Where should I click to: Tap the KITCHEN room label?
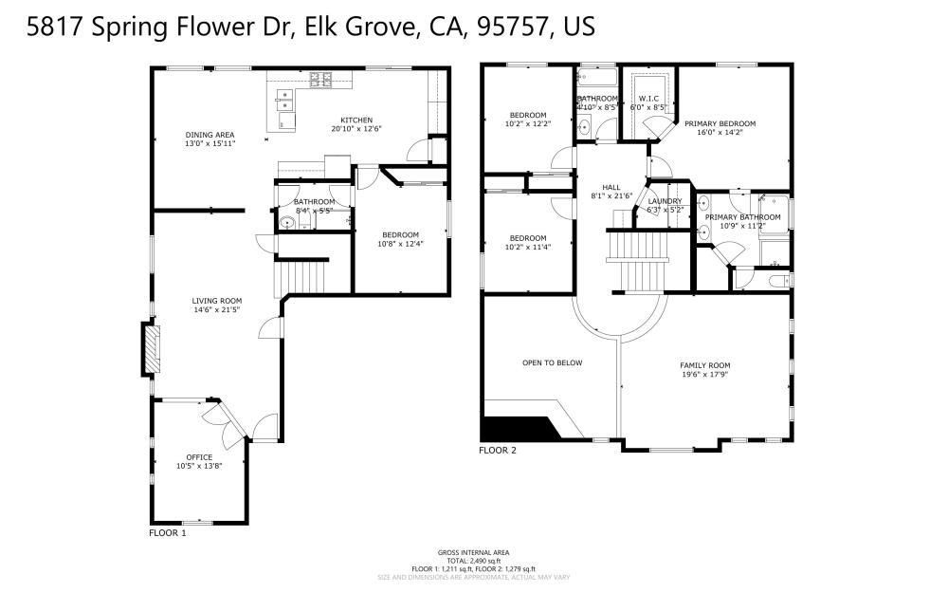tap(356, 120)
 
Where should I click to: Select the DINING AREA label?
tap(210, 135)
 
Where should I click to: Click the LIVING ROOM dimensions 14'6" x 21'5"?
tap(218, 310)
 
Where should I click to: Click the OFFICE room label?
tap(199, 457)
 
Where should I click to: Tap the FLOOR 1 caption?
tap(168, 533)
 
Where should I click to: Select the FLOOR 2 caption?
tap(498, 450)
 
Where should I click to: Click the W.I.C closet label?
tap(648, 98)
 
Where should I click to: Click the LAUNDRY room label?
tap(665, 201)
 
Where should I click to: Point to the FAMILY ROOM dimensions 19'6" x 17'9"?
tap(705, 374)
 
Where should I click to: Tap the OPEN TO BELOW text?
tap(552, 362)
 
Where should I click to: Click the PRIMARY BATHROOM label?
tap(742, 217)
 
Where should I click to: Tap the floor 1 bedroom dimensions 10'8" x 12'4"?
tap(400, 244)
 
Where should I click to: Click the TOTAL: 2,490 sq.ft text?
tap(474, 561)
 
